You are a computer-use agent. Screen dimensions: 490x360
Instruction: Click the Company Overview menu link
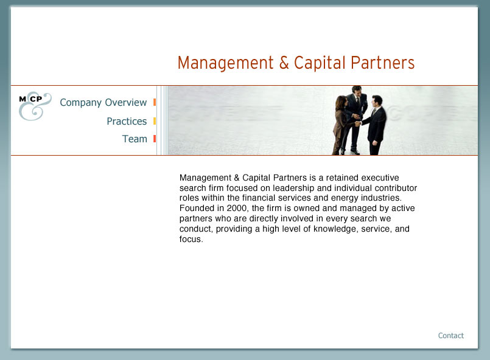tap(103, 102)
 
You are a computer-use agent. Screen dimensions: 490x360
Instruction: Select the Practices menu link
tap(127, 121)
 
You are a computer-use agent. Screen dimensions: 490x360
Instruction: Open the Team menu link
tap(135, 139)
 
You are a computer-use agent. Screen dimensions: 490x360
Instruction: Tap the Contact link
tap(450, 336)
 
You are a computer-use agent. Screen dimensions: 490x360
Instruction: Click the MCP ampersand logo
tap(35, 106)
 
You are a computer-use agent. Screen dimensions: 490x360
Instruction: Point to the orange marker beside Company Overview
tap(155, 102)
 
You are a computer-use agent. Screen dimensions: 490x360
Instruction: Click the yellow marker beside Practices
tap(155, 121)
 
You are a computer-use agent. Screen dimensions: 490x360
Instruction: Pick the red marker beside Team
tap(155, 139)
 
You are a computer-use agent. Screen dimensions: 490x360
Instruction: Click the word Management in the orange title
tap(226, 63)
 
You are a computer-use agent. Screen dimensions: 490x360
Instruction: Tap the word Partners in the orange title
tap(382, 63)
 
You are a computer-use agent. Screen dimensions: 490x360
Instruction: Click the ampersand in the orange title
tap(284, 63)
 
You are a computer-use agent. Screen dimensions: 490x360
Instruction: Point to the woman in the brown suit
tap(342, 125)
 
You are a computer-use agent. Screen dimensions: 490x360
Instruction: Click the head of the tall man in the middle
tap(357, 90)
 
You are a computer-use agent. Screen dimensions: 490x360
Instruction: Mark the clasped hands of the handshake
tap(358, 123)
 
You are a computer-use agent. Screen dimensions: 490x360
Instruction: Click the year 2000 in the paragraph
tap(236, 208)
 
